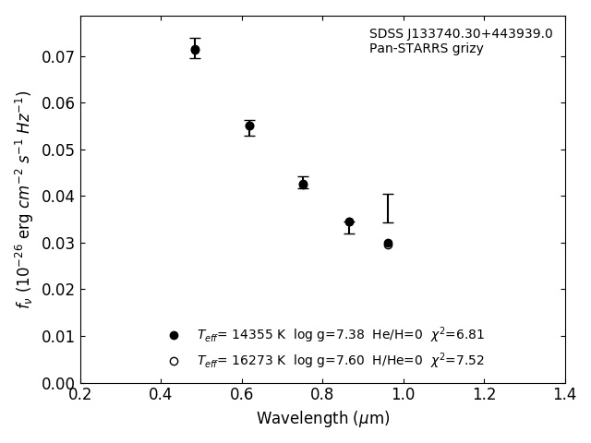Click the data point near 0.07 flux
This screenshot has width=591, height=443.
[x=195, y=50]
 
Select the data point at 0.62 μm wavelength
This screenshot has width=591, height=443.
[x=249, y=126]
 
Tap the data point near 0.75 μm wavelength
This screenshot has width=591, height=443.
[x=303, y=185]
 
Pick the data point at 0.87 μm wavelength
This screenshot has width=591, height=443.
[x=349, y=222]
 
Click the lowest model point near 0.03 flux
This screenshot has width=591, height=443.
[x=388, y=244]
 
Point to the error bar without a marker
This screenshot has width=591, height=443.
[x=388, y=208]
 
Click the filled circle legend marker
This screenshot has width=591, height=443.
[x=174, y=335]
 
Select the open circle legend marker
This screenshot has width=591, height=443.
[x=174, y=361]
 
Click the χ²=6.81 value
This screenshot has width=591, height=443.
[x=457, y=335]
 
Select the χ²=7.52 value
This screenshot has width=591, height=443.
[x=457, y=361]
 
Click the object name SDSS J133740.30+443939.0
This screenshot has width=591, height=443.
[x=461, y=34]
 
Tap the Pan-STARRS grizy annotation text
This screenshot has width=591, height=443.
[x=426, y=49]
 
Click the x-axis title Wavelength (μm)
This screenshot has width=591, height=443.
[x=323, y=419]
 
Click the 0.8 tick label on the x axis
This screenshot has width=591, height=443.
[x=322, y=394]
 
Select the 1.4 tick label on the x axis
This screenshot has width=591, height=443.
[x=564, y=394]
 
